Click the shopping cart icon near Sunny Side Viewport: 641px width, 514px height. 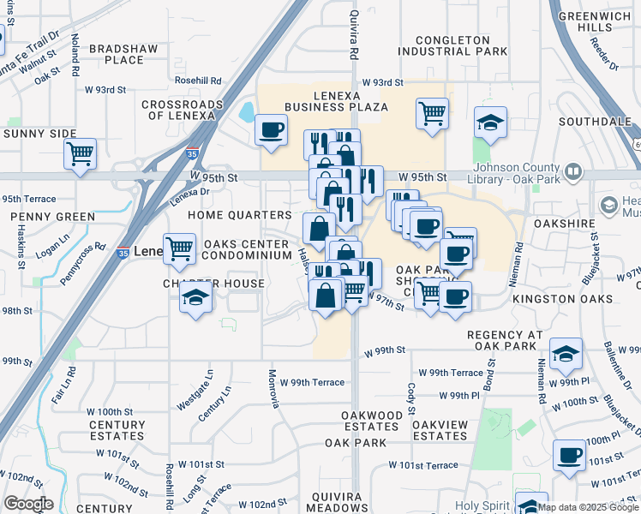pyautogui.click(x=80, y=154)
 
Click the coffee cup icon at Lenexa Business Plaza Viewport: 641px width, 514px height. pyautogui.click(x=272, y=130)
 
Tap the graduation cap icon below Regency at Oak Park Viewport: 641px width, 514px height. pyautogui.click(x=566, y=353)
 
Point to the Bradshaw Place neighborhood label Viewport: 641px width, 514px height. pyautogui.click(x=123, y=54)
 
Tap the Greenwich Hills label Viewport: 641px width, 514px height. pyautogui.click(x=593, y=21)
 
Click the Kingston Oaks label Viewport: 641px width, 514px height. pyautogui.click(x=562, y=299)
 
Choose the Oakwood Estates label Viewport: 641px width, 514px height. pyautogui.click(x=372, y=421)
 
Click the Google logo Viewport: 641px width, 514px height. pyautogui.click(x=28, y=504)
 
